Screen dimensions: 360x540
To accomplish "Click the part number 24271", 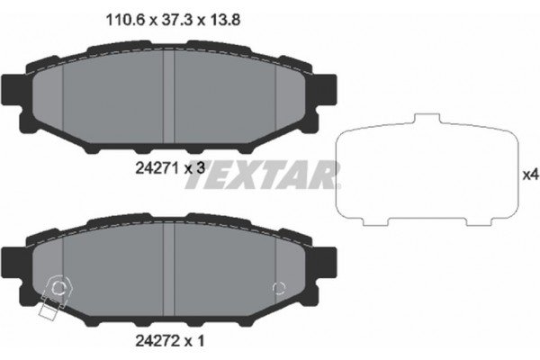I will point(145,166).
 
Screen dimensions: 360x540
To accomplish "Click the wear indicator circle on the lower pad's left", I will point(59,289).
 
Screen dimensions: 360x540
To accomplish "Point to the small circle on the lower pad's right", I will point(279,289).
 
